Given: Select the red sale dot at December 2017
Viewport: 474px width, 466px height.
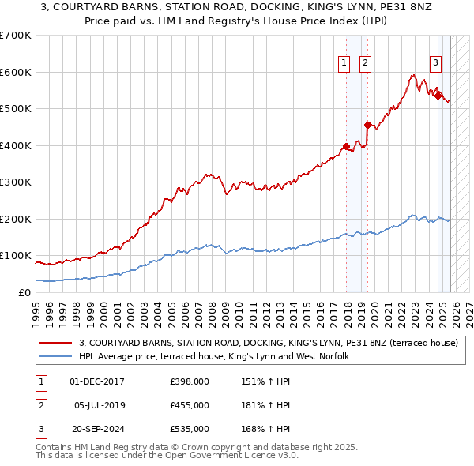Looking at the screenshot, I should [x=346, y=146].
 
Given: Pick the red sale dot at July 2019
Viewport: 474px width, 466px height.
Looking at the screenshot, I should [x=367, y=125].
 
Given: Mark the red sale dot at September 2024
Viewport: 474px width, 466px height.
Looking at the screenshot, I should [x=438, y=96].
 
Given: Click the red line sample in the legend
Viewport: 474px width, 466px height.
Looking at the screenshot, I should [x=57, y=343].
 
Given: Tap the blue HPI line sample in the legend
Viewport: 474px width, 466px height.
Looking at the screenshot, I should [x=57, y=357].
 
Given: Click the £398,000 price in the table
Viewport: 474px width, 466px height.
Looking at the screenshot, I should [x=190, y=381].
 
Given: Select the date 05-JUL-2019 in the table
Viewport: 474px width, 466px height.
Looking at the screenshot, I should [x=98, y=405].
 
